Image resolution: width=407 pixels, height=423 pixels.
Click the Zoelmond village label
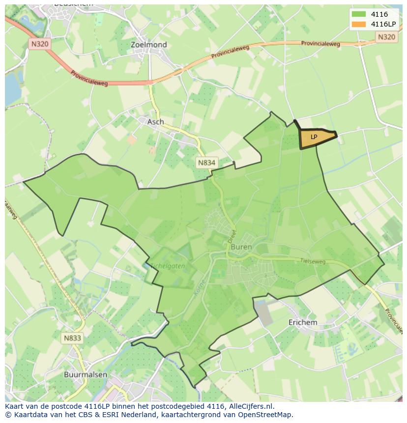[148, 45]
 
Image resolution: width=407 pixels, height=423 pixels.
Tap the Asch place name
[155, 122]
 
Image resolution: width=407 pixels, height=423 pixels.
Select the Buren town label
[241, 247]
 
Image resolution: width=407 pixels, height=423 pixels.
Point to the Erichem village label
[302, 322]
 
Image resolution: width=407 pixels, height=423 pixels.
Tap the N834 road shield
[207, 162]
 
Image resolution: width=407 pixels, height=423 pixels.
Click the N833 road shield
[72, 338]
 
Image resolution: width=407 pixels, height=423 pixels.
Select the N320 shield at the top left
[40, 44]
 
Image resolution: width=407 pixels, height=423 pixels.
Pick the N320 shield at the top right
[386, 37]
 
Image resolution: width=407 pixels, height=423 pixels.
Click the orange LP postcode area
[316, 138]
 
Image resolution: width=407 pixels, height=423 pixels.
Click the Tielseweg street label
[313, 262]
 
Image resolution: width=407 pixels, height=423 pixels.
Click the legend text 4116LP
[383, 24]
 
